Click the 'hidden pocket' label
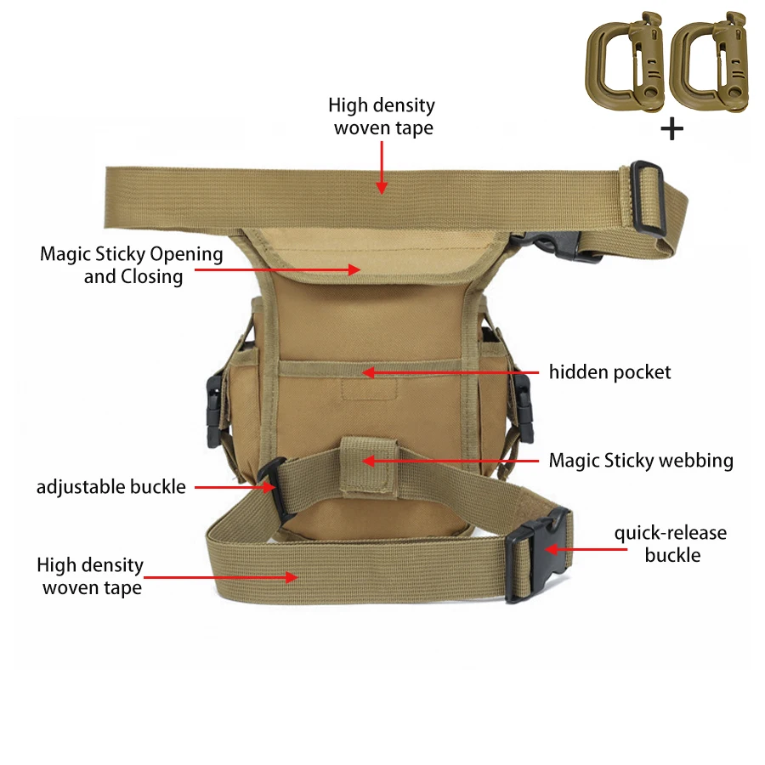(609, 372)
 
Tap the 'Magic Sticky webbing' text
(641, 461)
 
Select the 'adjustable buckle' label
(111, 487)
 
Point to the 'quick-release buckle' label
(671, 543)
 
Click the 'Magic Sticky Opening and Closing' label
(132, 265)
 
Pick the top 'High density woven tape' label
(382, 116)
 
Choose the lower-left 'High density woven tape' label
(90, 576)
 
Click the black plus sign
(671, 129)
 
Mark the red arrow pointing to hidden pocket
(450, 373)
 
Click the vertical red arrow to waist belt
(382, 167)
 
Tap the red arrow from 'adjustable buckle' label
(235, 487)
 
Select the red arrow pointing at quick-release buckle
(586, 549)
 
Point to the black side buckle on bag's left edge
(215, 411)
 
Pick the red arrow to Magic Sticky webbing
(450, 461)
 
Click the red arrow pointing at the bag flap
(278, 269)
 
